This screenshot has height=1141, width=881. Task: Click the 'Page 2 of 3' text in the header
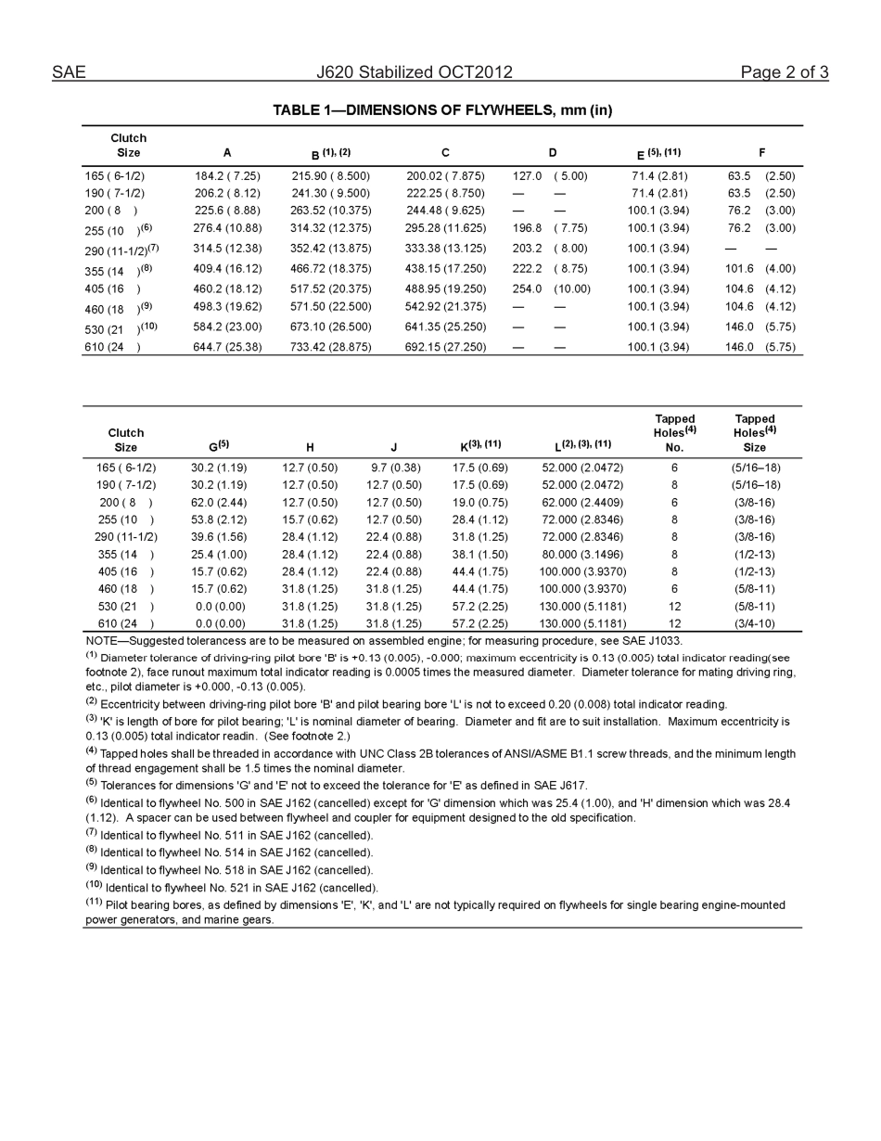(x=784, y=72)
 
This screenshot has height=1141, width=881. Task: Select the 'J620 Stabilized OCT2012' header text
(x=414, y=72)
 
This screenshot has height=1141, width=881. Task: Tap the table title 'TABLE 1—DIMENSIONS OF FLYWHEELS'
(x=441, y=110)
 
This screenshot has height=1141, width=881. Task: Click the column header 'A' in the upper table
(x=227, y=153)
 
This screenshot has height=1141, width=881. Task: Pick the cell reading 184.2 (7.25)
(x=227, y=175)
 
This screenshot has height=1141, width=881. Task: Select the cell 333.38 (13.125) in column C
(x=445, y=249)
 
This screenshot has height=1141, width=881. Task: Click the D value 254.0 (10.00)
(x=551, y=288)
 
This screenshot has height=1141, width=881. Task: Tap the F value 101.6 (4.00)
(x=760, y=269)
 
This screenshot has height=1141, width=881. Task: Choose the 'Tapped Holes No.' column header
(x=674, y=432)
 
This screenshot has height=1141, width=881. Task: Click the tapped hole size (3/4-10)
(x=754, y=623)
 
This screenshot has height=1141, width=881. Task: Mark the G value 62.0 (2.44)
(x=219, y=502)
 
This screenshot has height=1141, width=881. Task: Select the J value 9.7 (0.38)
(x=394, y=468)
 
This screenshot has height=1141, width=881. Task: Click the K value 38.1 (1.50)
(x=479, y=554)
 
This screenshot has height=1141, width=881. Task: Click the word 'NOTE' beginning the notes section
(x=101, y=641)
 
